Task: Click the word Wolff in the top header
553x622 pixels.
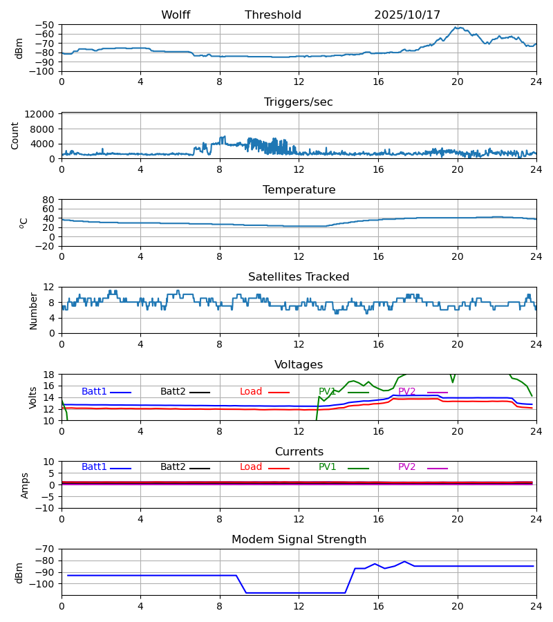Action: click(x=176, y=15)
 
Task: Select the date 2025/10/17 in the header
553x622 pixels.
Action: click(x=407, y=15)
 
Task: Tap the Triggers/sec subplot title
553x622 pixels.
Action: click(x=299, y=102)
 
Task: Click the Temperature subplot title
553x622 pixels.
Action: click(x=299, y=190)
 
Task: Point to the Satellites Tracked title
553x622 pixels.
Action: click(x=299, y=277)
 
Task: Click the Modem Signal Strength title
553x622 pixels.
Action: click(x=299, y=540)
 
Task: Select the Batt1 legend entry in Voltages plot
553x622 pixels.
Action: click(x=95, y=392)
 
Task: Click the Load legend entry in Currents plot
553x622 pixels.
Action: click(x=251, y=467)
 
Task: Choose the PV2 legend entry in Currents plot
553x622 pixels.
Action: click(x=407, y=467)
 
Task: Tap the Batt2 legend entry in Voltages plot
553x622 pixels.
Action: click(x=173, y=392)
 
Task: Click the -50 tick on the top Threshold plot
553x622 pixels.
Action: click(x=46, y=25)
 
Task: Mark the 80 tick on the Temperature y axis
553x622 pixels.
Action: click(x=49, y=200)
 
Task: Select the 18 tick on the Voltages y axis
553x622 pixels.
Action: click(x=49, y=375)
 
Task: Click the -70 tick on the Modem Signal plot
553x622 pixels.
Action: click(x=46, y=549)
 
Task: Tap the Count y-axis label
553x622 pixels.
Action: click(x=15, y=135)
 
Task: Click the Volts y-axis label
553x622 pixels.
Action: click(x=33, y=397)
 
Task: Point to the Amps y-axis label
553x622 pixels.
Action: click(x=25, y=485)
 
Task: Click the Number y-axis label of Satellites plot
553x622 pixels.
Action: click(x=33, y=310)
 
